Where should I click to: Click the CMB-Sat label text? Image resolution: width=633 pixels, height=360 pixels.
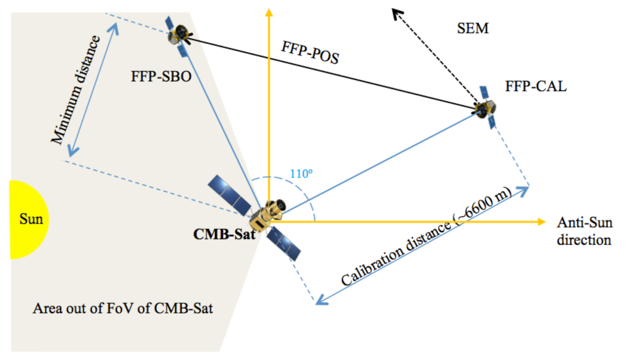pyautogui.click(x=223, y=234)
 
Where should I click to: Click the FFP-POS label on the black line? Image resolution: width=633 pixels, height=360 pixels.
pyautogui.click(x=310, y=53)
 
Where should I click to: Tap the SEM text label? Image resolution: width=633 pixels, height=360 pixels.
pyautogui.click(x=472, y=29)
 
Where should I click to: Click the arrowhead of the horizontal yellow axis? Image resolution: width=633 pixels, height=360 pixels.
pyautogui.click(x=541, y=221)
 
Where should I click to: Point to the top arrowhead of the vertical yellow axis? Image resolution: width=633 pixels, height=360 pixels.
pyautogui.click(x=266, y=12)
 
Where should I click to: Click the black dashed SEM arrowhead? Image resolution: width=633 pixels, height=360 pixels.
pyautogui.click(x=397, y=13)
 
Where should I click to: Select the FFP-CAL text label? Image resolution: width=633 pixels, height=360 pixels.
pyautogui.click(x=535, y=86)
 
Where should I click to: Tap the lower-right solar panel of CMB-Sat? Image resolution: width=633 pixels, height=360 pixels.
pyautogui.click(x=284, y=244)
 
